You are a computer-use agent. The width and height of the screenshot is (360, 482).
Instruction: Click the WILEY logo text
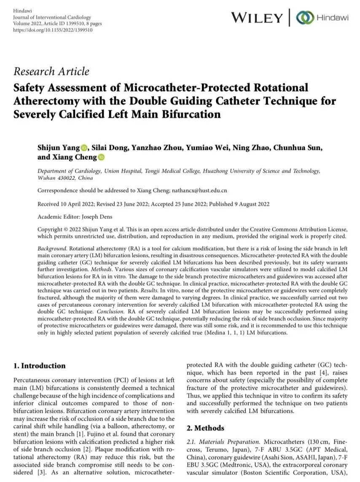coord(257,18)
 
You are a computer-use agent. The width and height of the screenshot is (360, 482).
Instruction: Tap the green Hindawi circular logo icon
coord(305,18)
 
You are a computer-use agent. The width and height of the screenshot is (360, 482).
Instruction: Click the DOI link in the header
coord(53,30)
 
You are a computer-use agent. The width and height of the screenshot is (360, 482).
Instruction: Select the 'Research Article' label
coord(51,72)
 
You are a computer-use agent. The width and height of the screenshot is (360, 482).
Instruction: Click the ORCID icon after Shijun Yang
coord(84,148)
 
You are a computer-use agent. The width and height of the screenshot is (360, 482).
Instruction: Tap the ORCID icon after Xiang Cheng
coord(102,158)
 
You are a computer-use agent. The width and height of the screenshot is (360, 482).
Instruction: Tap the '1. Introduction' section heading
coord(40,366)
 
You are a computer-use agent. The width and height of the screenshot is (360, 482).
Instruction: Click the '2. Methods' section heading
coord(206,428)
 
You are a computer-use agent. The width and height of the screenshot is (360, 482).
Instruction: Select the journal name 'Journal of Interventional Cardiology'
coord(52,17)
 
